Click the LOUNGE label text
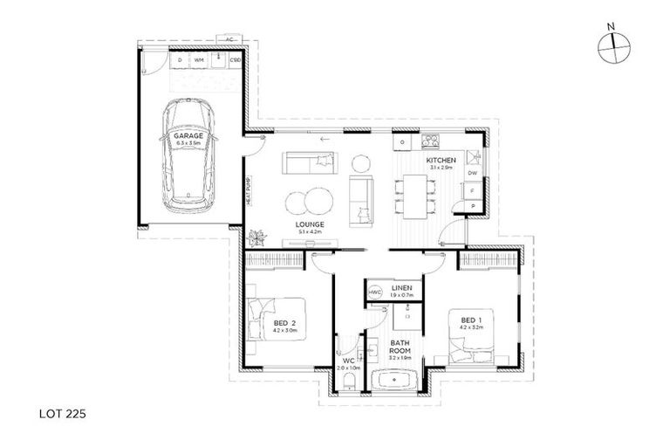[x=311, y=225]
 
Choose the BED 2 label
[x=284, y=327]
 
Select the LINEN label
[x=401, y=287]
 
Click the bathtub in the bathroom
[x=395, y=382]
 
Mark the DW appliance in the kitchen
[x=471, y=173]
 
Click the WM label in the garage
[x=200, y=60]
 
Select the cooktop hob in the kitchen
[x=430, y=141]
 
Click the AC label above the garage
[x=228, y=40]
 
